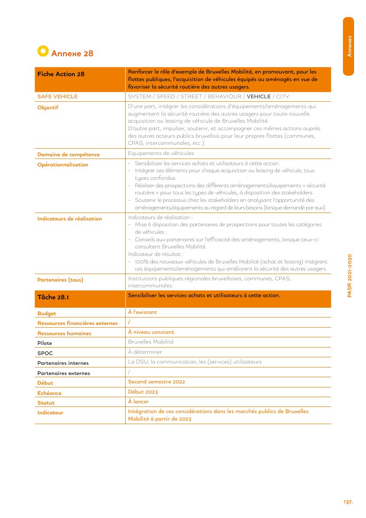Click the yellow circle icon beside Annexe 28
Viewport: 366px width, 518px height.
coord(42,51)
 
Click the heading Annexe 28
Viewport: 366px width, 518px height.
coord(72,54)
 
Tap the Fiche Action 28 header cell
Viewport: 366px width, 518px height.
coord(61,74)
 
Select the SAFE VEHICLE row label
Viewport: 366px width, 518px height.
coord(57,97)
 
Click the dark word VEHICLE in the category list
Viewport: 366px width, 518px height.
coord(258,97)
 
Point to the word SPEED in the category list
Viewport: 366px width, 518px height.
coord(166,97)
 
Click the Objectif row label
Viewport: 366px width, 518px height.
coord(48,108)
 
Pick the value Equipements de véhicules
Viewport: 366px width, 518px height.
coord(161,153)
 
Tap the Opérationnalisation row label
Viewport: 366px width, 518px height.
coord(62,165)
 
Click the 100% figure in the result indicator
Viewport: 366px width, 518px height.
coord(142,262)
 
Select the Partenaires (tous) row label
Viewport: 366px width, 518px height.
coord(60,280)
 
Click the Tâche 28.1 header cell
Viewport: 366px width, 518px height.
coord(53,298)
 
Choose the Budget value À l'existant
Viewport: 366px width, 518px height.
coord(142,312)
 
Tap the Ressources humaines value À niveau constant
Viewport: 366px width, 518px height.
coord(151,332)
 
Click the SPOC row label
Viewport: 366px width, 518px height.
coord(45,353)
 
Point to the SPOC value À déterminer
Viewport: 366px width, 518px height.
coord(145,352)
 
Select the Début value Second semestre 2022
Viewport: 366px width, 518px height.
coord(156,382)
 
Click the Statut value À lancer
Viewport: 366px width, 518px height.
coord(138,402)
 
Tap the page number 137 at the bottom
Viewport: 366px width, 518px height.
coord(348,502)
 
